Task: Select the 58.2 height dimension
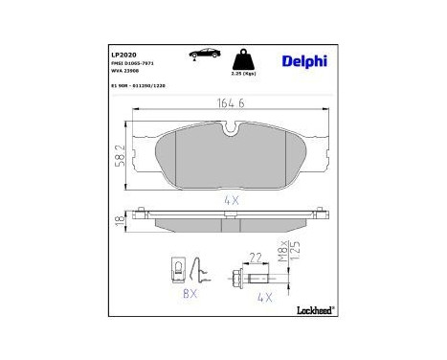(x=120, y=153)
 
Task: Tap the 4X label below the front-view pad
(x=230, y=200)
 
